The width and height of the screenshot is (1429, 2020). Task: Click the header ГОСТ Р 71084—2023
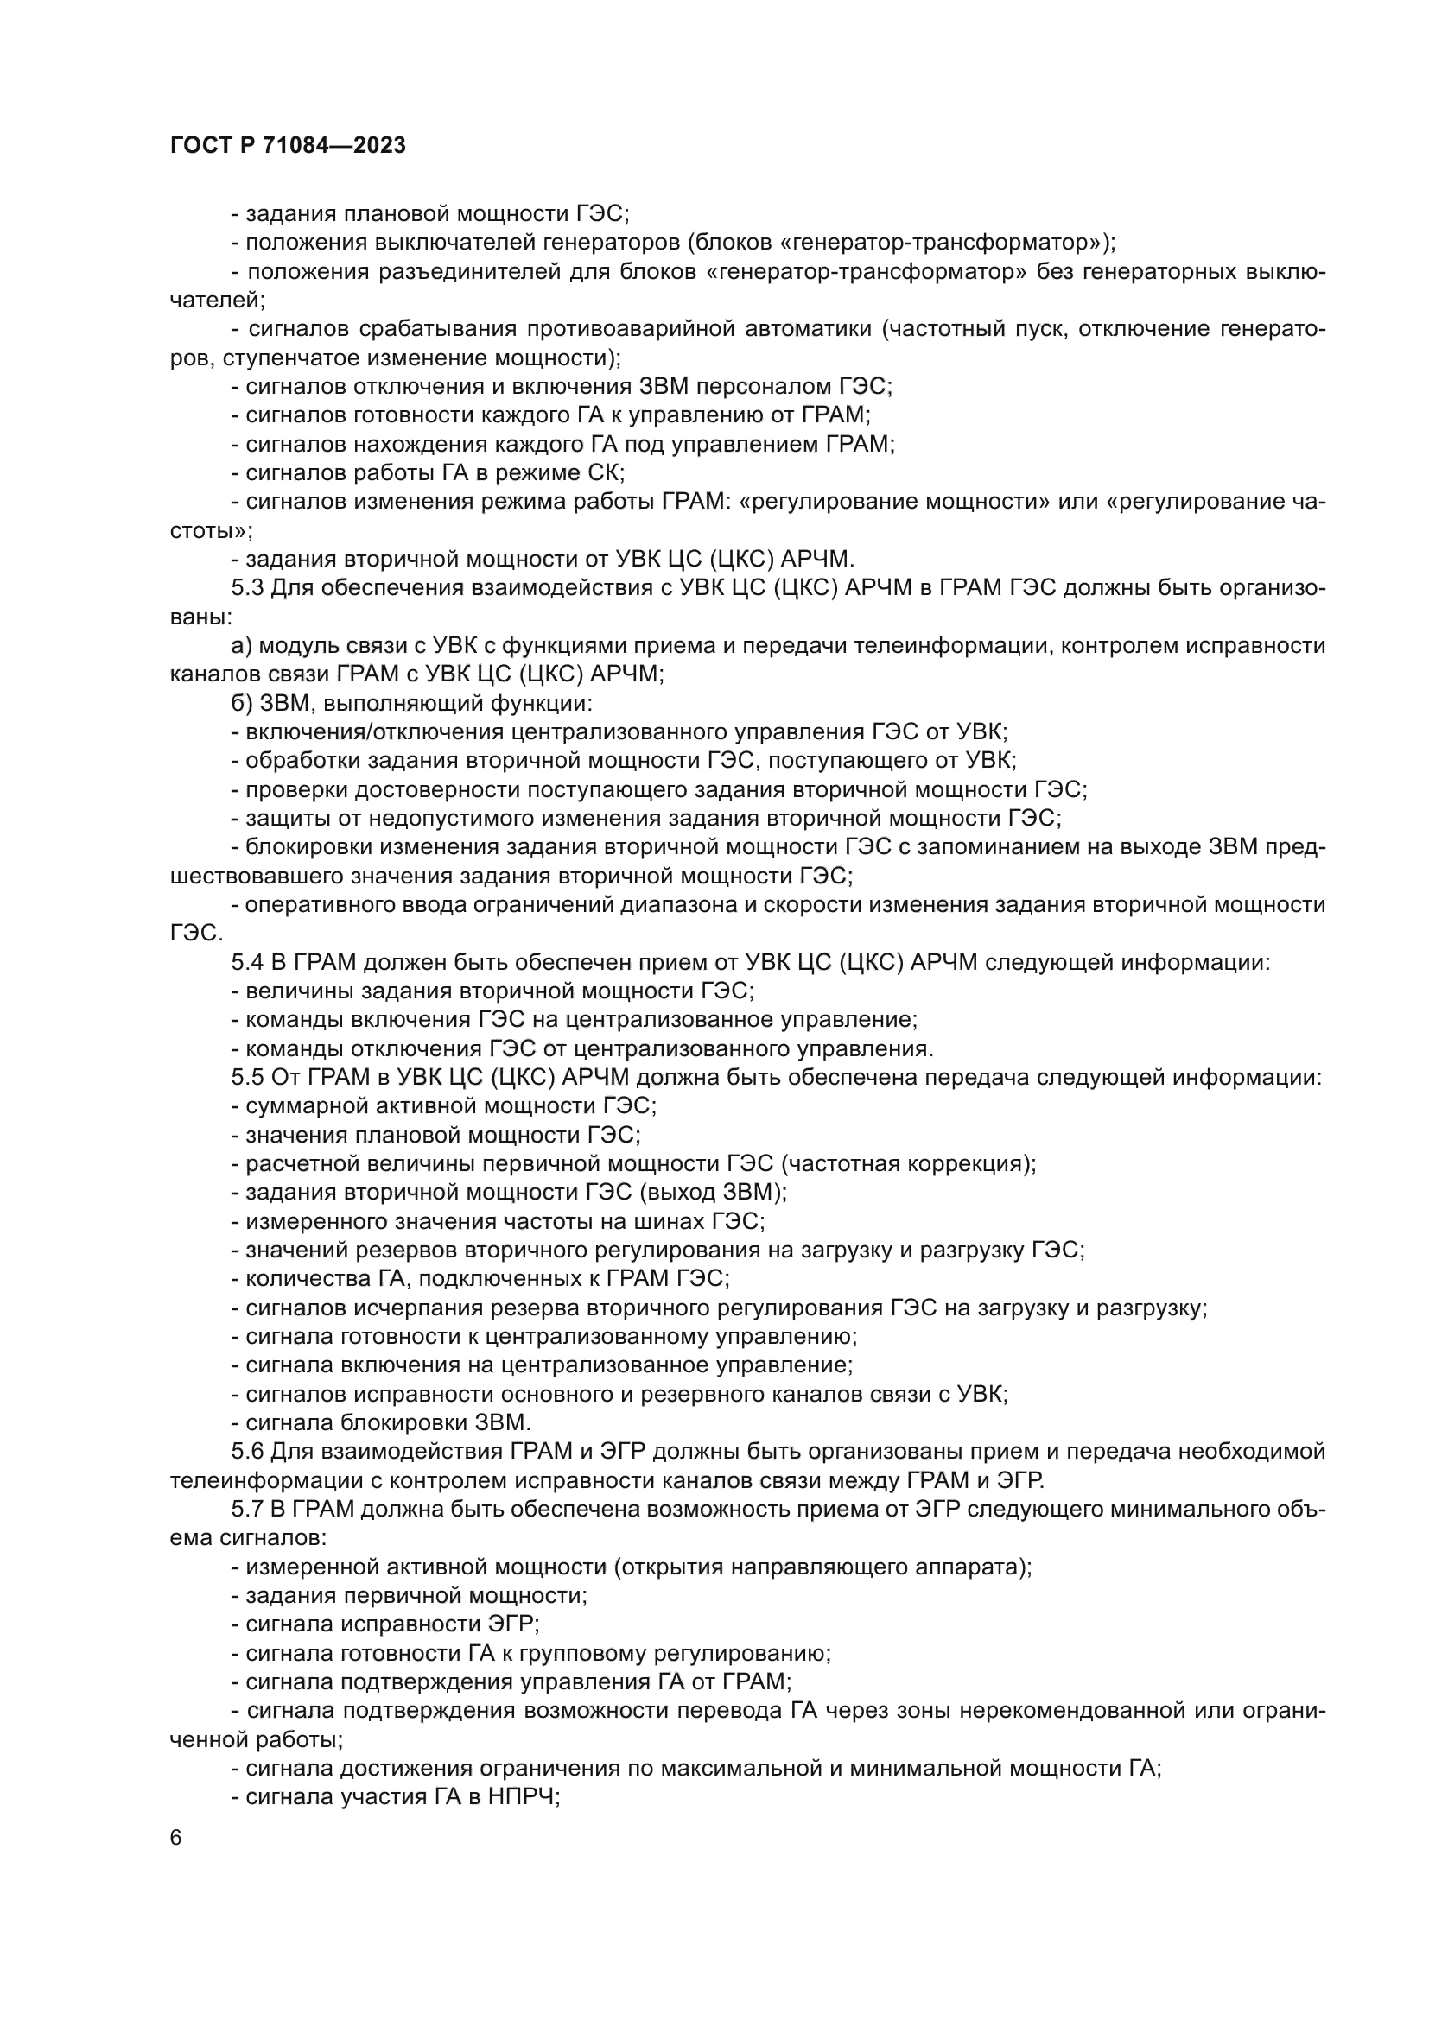pos(288,146)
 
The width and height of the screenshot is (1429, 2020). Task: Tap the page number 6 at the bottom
pos(176,1838)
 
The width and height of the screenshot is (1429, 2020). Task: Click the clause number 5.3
pos(247,588)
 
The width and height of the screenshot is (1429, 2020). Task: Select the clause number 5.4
pos(247,962)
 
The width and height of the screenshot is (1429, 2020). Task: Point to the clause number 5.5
pos(247,1078)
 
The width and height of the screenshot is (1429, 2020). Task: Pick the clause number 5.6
pos(247,1452)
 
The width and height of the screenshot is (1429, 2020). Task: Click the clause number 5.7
pos(247,1510)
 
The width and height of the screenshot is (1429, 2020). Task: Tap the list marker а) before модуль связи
pos(241,646)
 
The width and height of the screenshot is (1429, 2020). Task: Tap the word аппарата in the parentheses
pos(973,1567)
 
